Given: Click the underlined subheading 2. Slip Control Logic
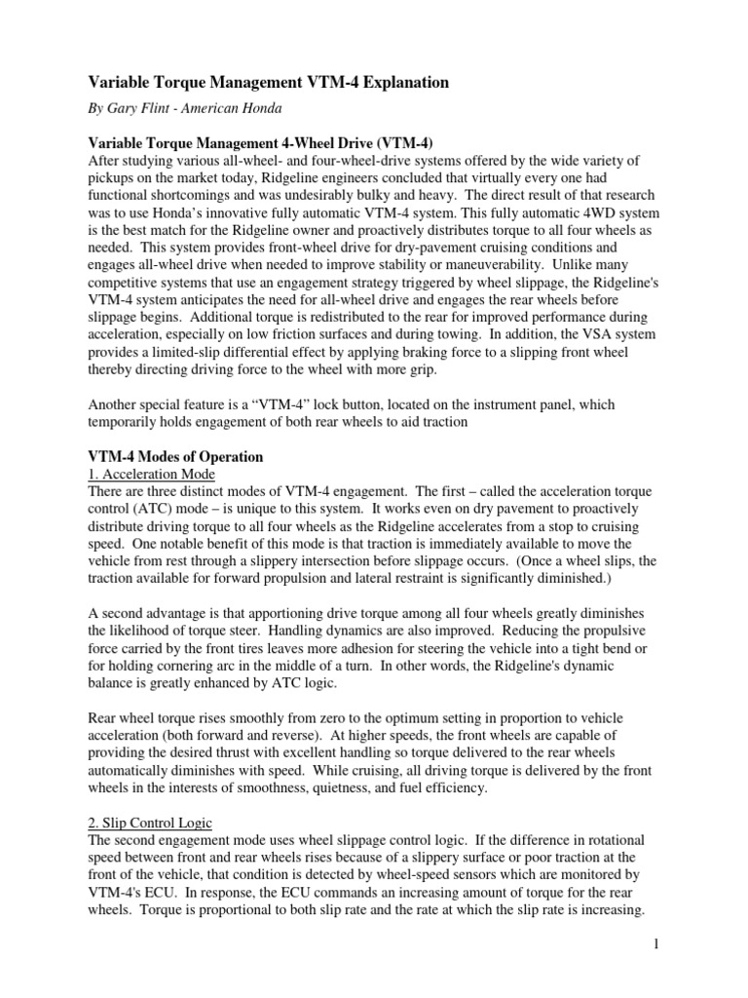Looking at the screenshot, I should click(x=151, y=822).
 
